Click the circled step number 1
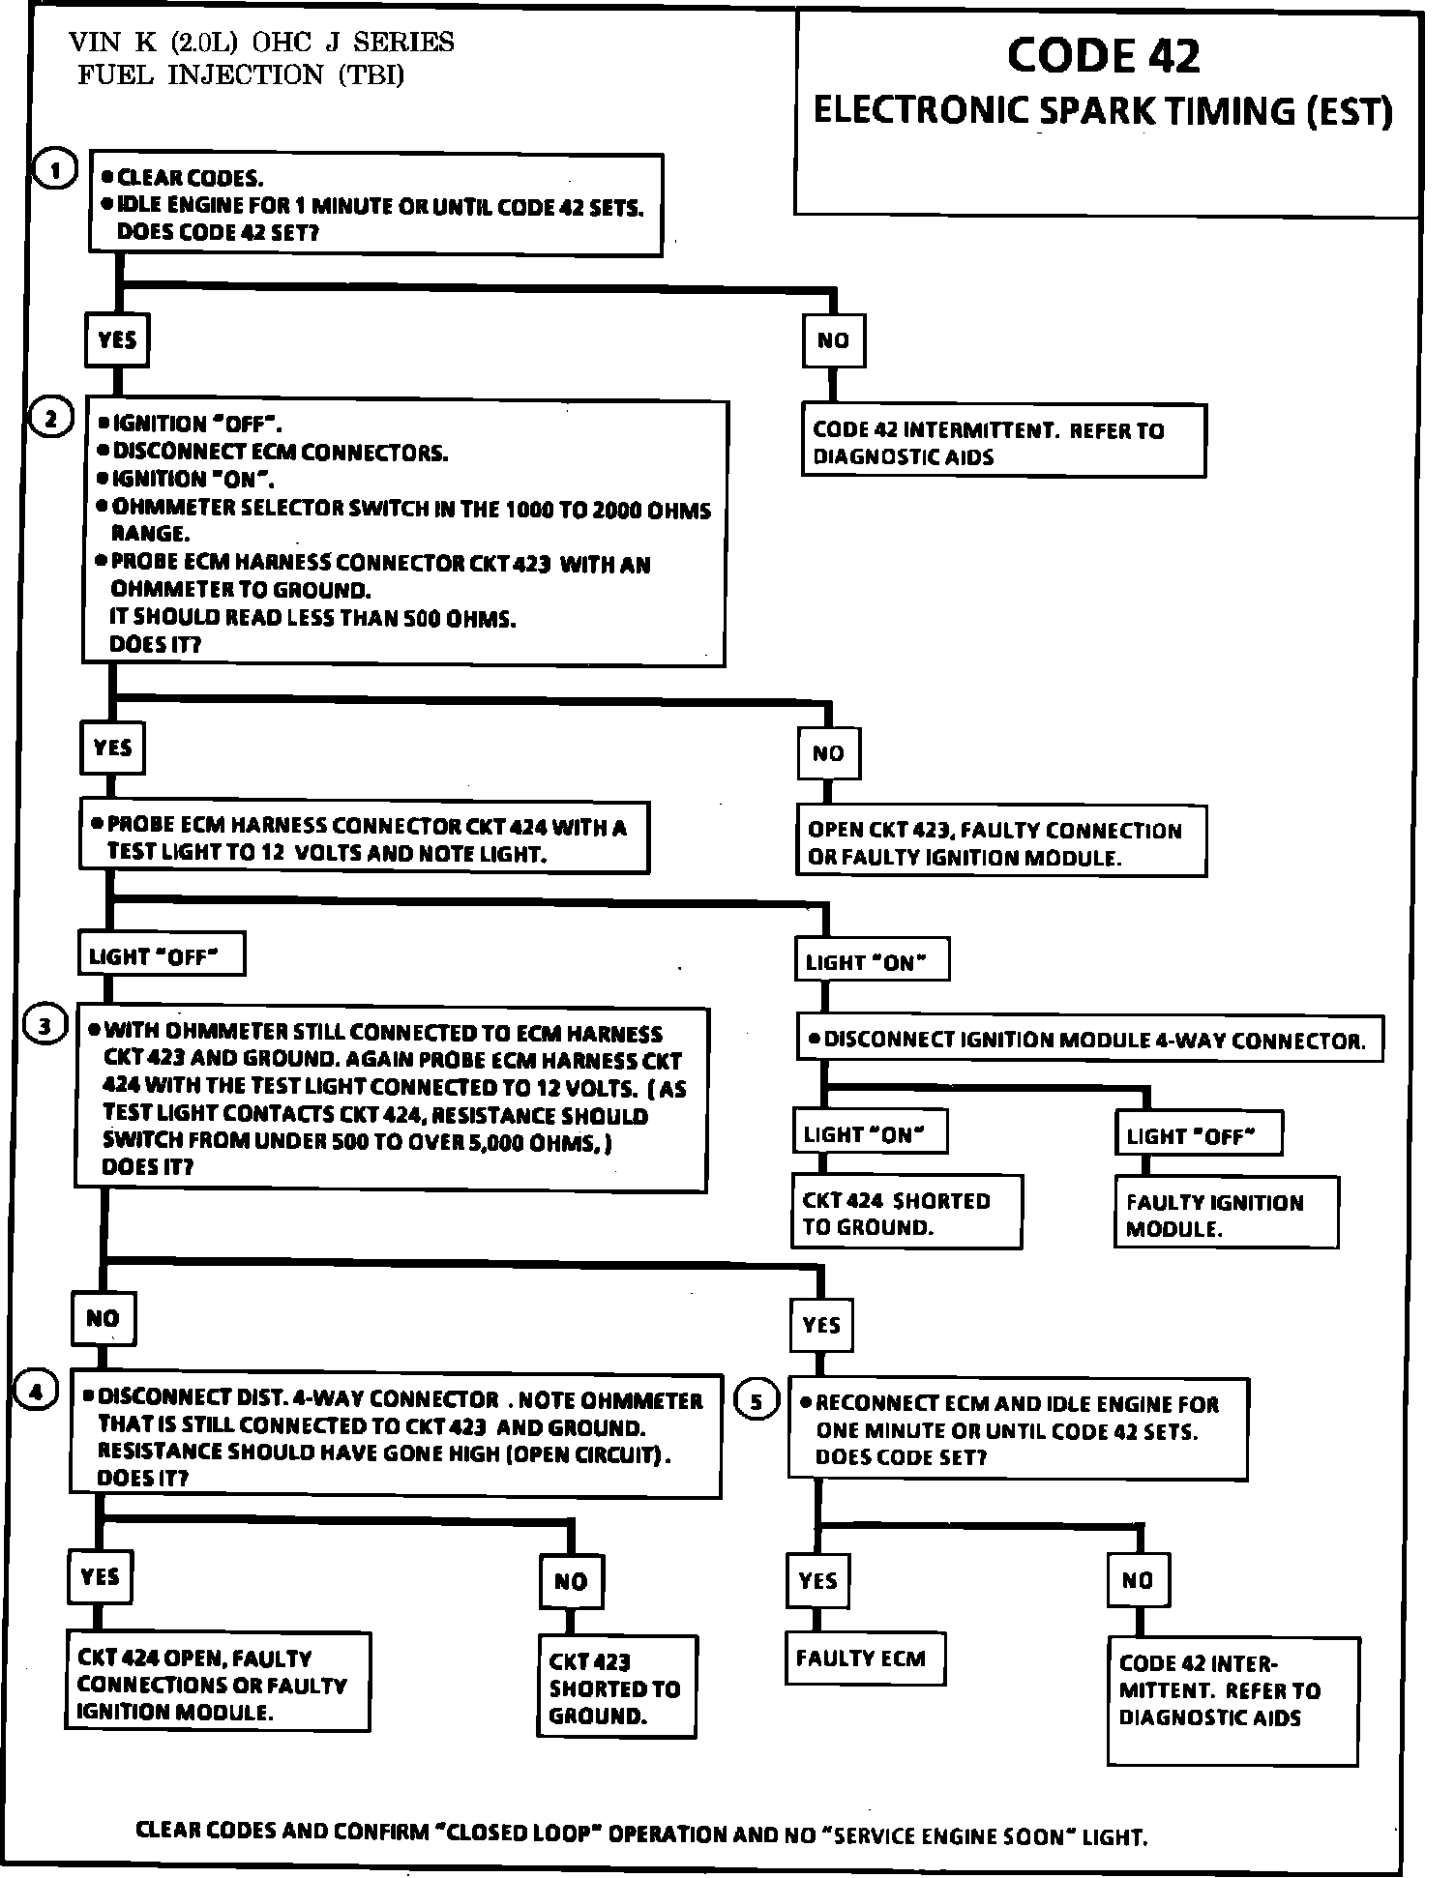point(55,171)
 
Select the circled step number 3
point(45,1026)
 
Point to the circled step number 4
point(36,1392)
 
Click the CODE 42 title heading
point(1103,56)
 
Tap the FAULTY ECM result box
point(865,1659)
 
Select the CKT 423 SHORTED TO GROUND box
point(616,1687)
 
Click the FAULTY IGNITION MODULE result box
point(1226,1214)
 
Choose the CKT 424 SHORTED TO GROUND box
point(906,1213)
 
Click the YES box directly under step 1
point(117,339)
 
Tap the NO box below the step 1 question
point(833,340)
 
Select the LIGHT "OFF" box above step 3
point(161,956)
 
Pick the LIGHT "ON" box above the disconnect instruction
point(871,961)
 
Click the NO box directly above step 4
point(104,1318)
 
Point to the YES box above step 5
point(821,1324)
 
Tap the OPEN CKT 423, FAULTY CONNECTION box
point(1000,842)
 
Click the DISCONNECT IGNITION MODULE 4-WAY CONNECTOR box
point(1089,1040)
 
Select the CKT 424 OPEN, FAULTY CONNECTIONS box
point(220,1684)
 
